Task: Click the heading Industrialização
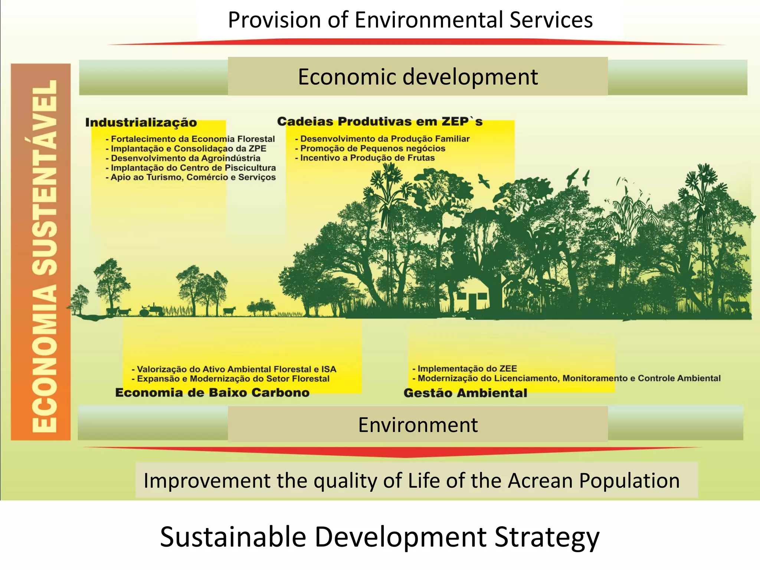coord(141,122)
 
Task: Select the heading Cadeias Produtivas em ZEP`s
coord(380,121)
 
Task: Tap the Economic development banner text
coord(418,77)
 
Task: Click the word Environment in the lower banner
coord(418,425)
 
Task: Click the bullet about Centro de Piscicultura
coord(193,168)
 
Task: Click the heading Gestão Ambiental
coord(465,393)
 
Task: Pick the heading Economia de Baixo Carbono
coord(212,393)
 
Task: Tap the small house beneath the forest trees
coord(471,297)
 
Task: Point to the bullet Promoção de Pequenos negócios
coord(373,148)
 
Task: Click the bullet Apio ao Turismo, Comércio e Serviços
coord(193,177)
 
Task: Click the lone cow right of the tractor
coord(229,311)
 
